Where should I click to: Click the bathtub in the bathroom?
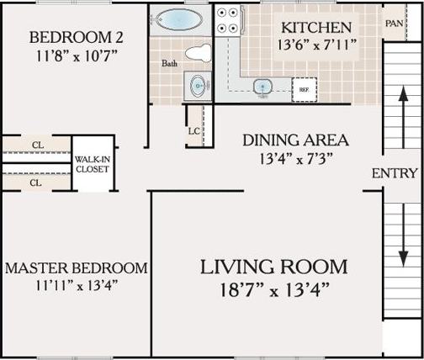[x=179, y=19]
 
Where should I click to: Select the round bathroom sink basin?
[x=199, y=84]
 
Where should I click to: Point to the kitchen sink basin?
[x=263, y=86]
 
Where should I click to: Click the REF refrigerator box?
[x=302, y=87]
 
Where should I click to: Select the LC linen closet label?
[x=193, y=130]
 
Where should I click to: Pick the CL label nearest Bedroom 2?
[x=37, y=145]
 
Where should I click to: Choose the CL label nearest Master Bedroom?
[x=37, y=182]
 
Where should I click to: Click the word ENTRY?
[x=395, y=173]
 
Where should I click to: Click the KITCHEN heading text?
[x=317, y=27]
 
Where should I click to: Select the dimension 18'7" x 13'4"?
[x=274, y=291]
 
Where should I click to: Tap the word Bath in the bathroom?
[x=169, y=63]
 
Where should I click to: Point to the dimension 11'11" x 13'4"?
[x=75, y=284]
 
